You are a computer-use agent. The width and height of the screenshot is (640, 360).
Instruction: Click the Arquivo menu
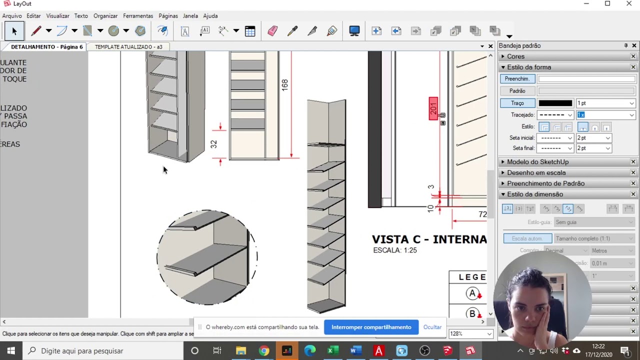click(12, 16)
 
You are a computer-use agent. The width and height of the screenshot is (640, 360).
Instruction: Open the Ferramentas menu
click(138, 16)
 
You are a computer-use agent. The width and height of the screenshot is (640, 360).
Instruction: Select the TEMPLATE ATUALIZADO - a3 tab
click(128, 47)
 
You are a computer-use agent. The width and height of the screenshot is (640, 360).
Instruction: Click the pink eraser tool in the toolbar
click(272, 31)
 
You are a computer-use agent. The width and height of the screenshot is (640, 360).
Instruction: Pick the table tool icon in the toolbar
click(250, 31)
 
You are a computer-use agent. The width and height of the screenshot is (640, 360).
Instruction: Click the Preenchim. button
click(517, 79)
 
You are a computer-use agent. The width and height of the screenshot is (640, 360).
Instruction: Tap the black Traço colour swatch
click(555, 103)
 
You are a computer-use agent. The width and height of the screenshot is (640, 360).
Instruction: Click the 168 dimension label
click(284, 84)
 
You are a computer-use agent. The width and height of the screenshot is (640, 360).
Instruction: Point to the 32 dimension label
click(214, 144)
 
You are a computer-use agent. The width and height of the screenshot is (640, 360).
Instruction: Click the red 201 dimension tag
click(433, 108)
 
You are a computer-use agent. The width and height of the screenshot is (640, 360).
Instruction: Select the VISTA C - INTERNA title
click(429, 239)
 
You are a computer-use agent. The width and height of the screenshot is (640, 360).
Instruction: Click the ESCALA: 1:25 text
click(394, 250)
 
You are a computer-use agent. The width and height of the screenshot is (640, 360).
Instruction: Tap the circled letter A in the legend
click(472, 293)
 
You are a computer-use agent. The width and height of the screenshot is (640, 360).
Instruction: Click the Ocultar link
click(432, 327)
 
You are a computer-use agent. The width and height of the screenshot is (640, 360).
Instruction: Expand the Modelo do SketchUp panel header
click(537, 162)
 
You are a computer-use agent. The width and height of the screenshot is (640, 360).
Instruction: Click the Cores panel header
click(515, 56)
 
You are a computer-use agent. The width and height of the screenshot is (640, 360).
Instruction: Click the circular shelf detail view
click(207, 257)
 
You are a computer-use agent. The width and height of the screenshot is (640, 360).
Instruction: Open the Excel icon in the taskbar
click(330, 351)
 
